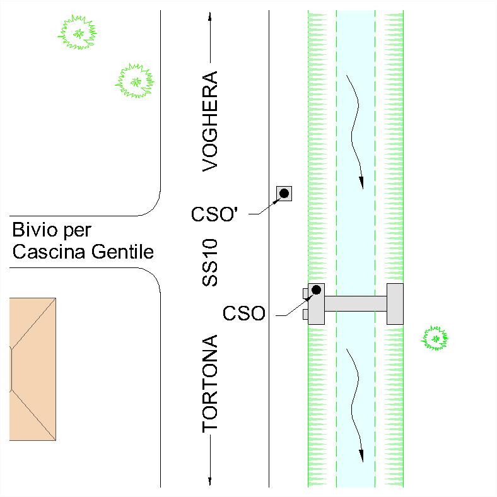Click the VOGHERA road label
pyautogui.click(x=210, y=121)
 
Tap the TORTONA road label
pyautogui.click(x=210, y=383)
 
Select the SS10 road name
pyautogui.click(x=210, y=262)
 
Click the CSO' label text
pyautogui.click(x=214, y=214)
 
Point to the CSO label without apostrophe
pyautogui.click(x=243, y=313)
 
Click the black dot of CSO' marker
pyautogui.click(x=284, y=193)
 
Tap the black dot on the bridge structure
pyautogui.click(x=317, y=289)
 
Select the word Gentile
pyautogui.click(x=122, y=252)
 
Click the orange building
pyautogui.click(x=33, y=369)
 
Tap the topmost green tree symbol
pyautogui.click(x=78, y=32)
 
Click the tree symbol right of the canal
pyautogui.click(x=435, y=338)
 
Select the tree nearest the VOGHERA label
pyautogui.click(x=135, y=81)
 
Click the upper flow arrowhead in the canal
pyautogui.click(x=361, y=182)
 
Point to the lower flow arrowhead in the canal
pyautogui.click(x=361, y=456)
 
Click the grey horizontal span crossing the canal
pyautogui.click(x=356, y=303)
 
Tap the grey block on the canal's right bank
pyautogui.click(x=395, y=304)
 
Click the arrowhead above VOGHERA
pyautogui.click(x=210, y=16)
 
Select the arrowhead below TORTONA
pyautogui.click(x=210, y=481)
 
